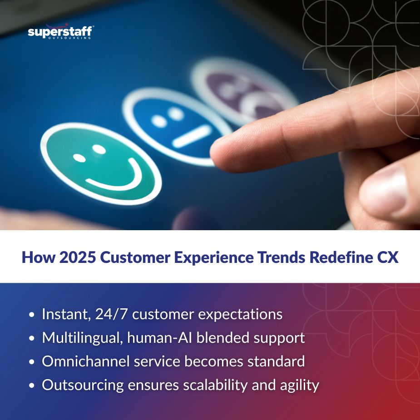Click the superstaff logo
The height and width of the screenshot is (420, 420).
[x=60, y=33]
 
